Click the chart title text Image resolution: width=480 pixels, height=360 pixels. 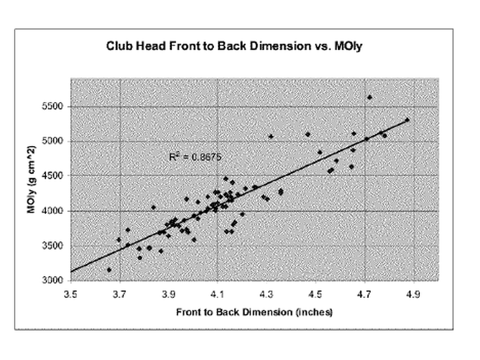(x=240, y=47)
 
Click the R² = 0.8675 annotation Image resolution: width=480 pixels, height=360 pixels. (x=196, y=157)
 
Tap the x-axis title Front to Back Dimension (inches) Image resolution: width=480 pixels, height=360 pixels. (x=254, y=312)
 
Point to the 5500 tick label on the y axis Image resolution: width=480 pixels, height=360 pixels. (x=54, y=107)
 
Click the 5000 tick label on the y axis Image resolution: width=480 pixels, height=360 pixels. (x=54, y=141)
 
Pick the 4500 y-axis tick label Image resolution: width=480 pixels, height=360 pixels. (x=54, y=176)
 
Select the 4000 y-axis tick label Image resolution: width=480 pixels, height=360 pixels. (x=54, y=211)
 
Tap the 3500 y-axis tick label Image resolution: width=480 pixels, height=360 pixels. (x=54, y=245)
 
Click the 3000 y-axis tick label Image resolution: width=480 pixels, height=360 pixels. (x=54, y=280)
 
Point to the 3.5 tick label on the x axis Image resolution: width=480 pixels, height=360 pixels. (x=70, y=293)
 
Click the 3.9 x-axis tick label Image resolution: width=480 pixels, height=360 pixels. (x=169, y=293)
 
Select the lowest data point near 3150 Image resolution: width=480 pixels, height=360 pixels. (x=109, y=270)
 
